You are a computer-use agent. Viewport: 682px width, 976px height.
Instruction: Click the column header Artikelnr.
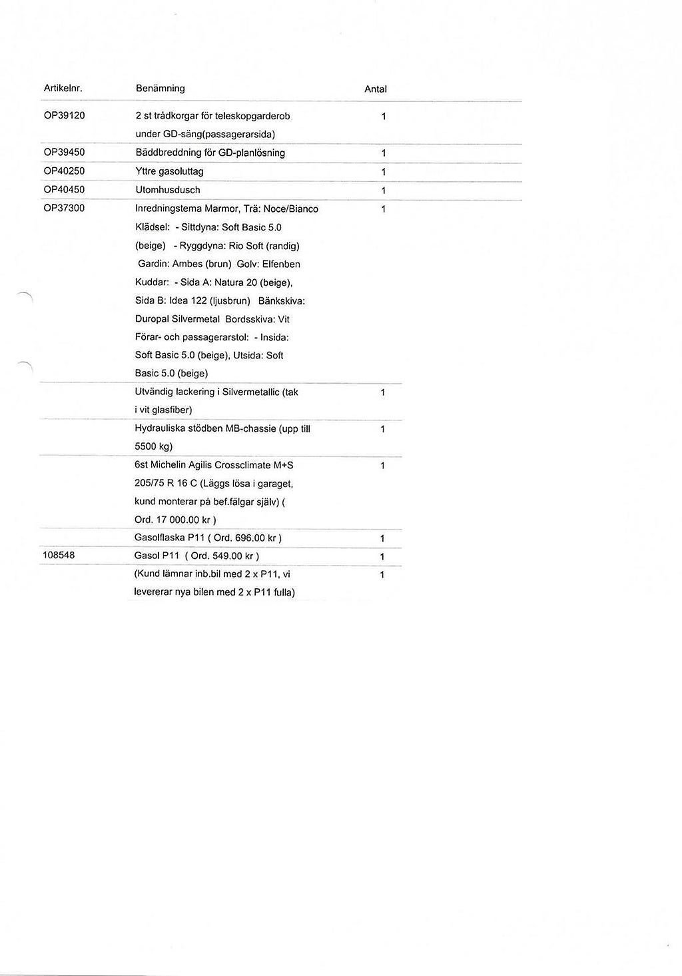(x=63, y=88)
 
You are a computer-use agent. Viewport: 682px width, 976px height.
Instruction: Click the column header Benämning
(x=160, y=88)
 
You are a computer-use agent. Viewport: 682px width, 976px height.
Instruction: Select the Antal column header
(x=375, y=89)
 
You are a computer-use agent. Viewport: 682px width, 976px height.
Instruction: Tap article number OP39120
(x=64, y=115)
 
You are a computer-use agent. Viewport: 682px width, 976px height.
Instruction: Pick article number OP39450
(x=64, y=153)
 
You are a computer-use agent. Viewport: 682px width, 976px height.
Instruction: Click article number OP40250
(x=64, y=171)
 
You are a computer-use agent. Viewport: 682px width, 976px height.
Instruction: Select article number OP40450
(x=64, y=190)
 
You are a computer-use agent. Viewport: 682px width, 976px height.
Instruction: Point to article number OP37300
(x=64, y=209)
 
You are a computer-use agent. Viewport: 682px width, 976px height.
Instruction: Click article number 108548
(x=59, y=555)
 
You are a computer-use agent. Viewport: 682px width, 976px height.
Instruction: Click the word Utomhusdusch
(x=167, y=190)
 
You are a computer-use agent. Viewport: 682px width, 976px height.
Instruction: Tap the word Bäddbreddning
(x=165, y=153)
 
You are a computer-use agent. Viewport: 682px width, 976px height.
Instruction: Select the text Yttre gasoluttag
(x=169, y=171)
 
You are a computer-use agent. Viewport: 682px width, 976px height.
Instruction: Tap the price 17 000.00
(x=177, y=520)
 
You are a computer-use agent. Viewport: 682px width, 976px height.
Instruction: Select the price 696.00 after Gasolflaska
(x=250, y=538)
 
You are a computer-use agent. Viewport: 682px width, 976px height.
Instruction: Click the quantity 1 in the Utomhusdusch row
(x=383, y=191)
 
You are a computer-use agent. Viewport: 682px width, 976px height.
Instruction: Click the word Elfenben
(x=281, y=264)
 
